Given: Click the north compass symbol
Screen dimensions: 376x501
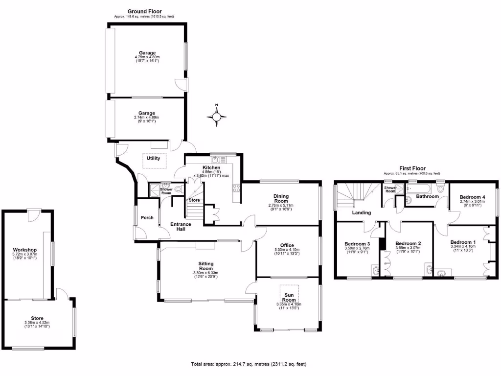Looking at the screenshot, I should click(x=217, y=116).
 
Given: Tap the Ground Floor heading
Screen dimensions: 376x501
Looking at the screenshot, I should click(x=144, y=11).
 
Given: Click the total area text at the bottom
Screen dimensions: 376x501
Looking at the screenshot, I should click(x=249, y=364).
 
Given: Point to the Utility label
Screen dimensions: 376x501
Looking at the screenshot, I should click(x=154, y=158).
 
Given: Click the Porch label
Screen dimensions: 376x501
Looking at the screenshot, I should click(x=147, y=217).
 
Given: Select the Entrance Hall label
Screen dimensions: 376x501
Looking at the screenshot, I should click(x=181, y=227).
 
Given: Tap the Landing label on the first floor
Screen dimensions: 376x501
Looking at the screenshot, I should click(x=362, y=212).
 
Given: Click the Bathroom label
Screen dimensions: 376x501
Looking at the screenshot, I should click(x=427, y=197).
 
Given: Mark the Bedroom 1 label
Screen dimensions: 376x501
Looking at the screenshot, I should click(x=462, y=242).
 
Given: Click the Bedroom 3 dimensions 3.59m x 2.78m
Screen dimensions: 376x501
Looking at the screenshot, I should click(x=358, y=248).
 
